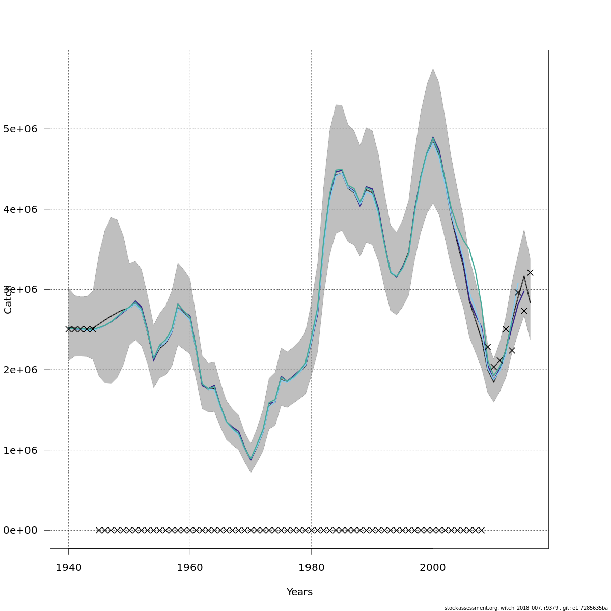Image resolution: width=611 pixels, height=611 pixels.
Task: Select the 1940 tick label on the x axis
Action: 68,568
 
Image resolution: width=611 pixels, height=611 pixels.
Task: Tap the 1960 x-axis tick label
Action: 190,568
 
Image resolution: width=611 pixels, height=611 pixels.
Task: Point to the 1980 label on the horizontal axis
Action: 312,568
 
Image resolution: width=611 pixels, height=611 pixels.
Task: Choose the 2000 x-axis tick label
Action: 433,568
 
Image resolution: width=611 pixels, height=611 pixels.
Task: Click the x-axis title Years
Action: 299,592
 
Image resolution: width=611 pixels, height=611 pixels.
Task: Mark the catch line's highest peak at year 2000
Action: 433,138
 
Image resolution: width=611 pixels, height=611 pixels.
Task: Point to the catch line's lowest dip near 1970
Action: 251,459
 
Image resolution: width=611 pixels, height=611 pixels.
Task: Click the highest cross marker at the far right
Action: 530,273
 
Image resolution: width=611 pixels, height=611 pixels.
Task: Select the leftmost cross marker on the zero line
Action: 99,530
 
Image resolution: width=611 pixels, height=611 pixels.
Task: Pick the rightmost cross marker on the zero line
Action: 481,530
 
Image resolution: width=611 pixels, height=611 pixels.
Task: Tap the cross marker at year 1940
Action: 68,329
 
